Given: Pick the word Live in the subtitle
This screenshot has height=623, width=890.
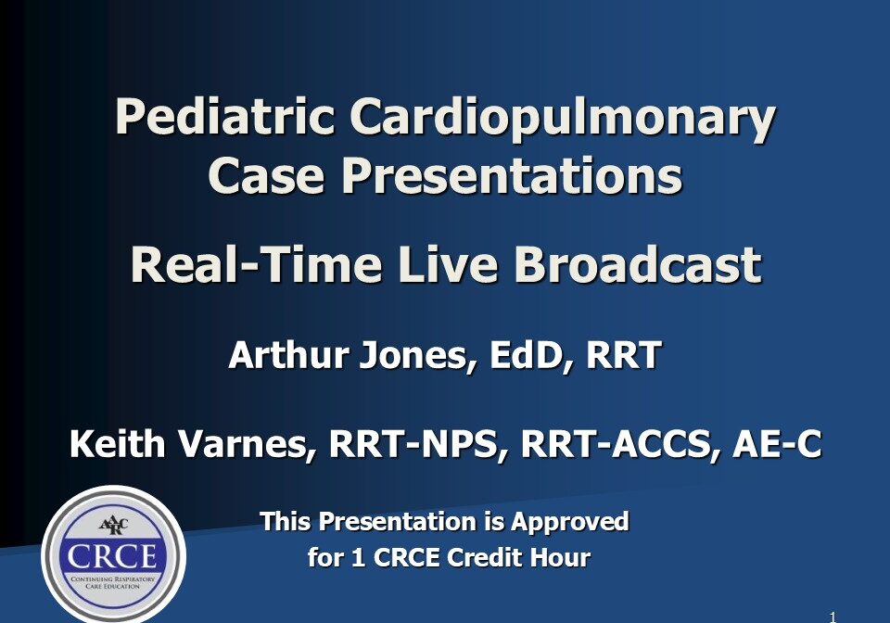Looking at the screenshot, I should click(x=446, y=265).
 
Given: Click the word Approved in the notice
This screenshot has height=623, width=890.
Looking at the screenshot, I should click(x=570, y=522).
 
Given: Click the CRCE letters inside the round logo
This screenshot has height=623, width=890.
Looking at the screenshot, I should click(x=113, y=558).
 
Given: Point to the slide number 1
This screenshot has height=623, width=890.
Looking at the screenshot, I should click(x=833, y=616).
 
